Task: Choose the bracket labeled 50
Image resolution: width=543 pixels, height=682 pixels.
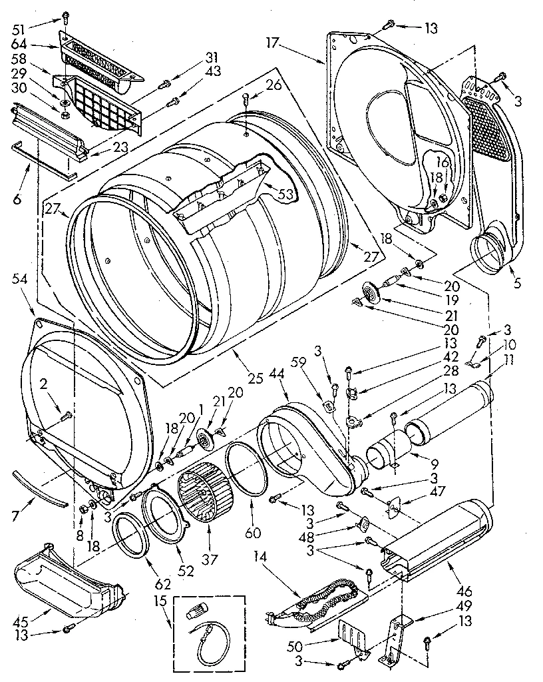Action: pos(351,637)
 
